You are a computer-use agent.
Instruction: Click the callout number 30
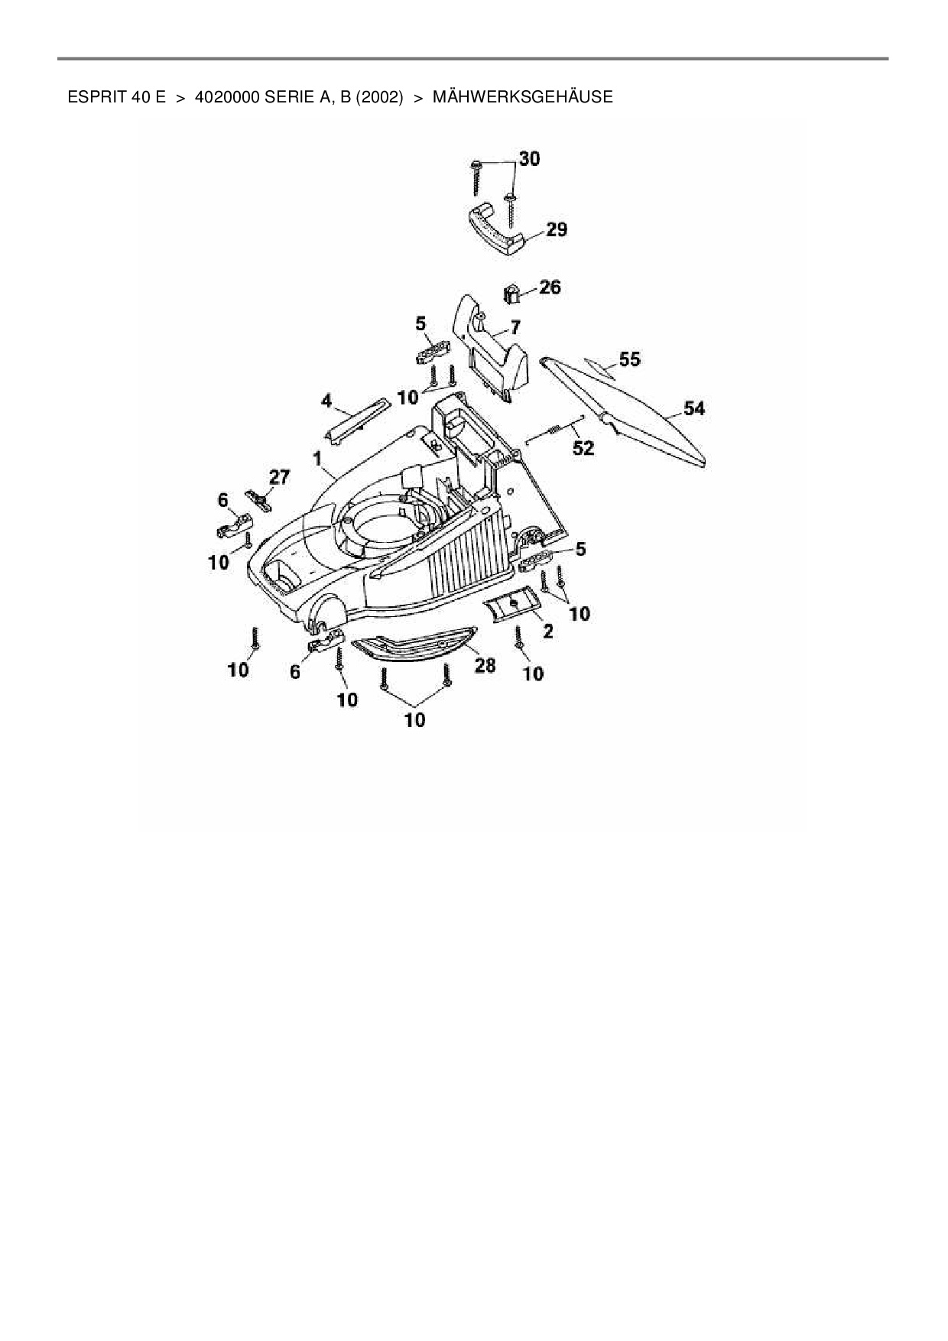tap(529, 158)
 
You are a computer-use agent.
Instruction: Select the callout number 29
tap(557, 229)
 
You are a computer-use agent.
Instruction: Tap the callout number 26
tap(550, 287)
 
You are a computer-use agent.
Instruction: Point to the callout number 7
tap(515, 327)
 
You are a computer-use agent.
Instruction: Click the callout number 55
tap(630, 359)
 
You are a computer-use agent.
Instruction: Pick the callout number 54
tap(694, 408)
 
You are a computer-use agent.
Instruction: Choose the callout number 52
tap(583, 447)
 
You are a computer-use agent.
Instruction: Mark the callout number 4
tap(326, 400)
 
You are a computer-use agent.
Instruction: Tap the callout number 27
tap(279, 477)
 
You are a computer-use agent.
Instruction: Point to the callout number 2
tap(548, 632)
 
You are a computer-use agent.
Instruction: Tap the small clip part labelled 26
tap(511, 294)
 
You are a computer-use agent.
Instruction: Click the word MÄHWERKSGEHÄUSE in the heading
tap(523, 97)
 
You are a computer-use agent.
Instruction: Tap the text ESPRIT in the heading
tap(92, 97)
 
